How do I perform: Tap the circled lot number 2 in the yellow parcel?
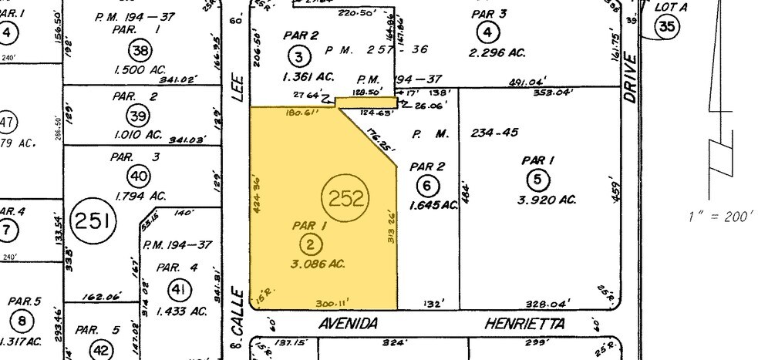309,245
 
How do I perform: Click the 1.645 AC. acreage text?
434,204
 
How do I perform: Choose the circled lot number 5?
537,180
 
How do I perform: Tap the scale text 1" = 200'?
719,217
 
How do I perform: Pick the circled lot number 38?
140,52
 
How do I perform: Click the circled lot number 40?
139,177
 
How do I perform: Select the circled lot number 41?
179,290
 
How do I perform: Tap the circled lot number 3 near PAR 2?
300,55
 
